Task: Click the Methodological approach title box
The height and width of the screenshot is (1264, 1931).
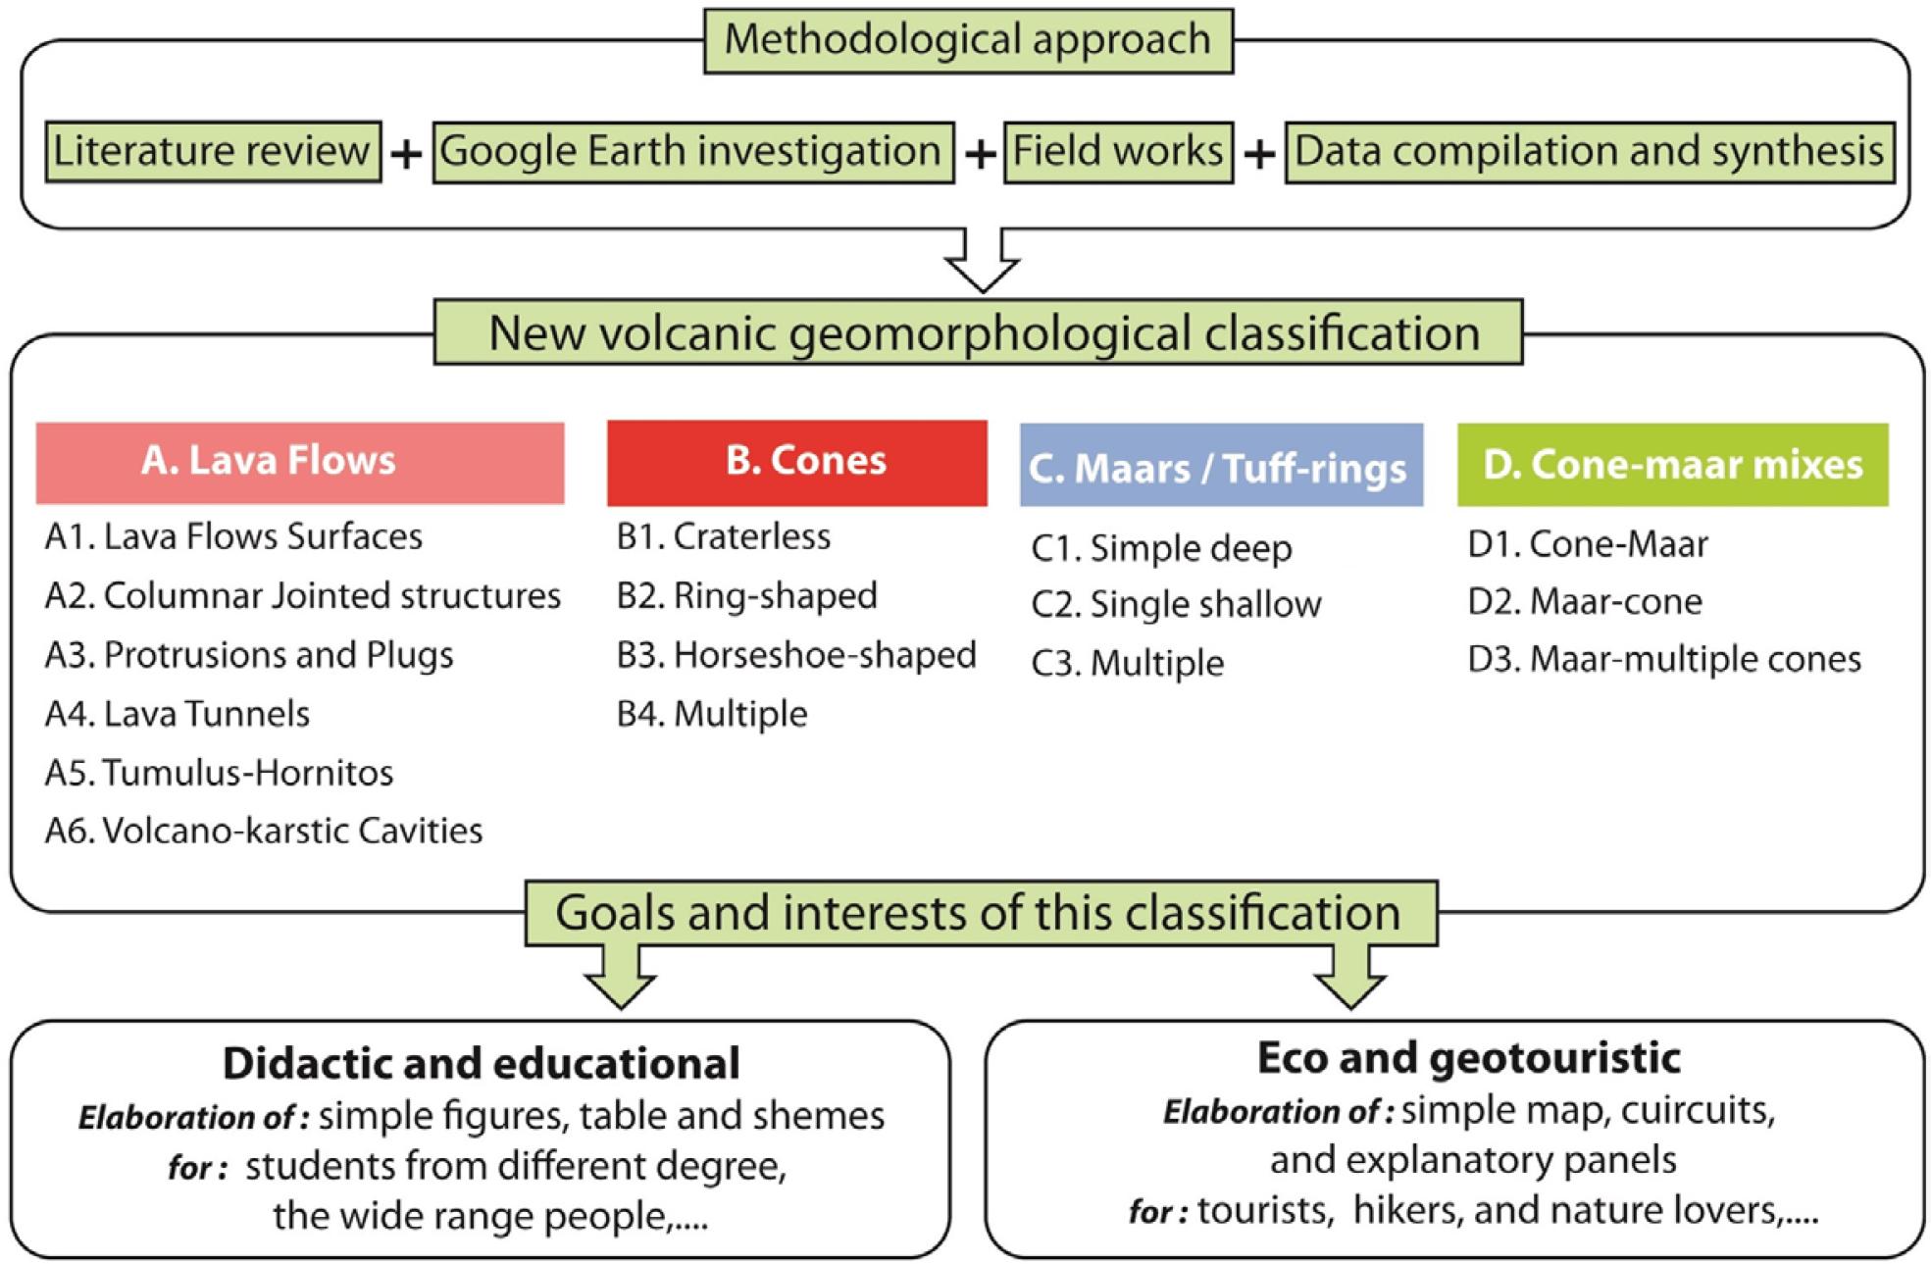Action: pos(968,41)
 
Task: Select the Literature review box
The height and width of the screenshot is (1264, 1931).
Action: pos(213,152)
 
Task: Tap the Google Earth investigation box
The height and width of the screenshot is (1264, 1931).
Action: pos(692,152)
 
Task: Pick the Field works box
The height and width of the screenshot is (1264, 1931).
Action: pos(1118,152)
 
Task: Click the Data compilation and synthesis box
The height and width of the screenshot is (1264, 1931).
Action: pos(1589,152)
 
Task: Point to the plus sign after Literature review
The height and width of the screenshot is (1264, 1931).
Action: pos(406,154)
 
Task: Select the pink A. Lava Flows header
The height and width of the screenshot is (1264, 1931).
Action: pos(300,463)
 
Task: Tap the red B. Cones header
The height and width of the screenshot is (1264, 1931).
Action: pos(796,463)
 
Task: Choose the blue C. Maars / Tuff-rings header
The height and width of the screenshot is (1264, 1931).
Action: pos(1221,466)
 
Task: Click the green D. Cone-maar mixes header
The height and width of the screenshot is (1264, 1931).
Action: pos(1672,465)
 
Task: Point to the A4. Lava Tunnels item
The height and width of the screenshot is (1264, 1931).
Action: pos(178,714)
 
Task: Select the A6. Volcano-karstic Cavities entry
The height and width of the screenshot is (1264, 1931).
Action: pos(264,831)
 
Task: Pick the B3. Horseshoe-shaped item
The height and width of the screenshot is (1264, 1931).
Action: pos(796,655)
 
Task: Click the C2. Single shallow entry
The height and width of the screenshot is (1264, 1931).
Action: pos(1176,604)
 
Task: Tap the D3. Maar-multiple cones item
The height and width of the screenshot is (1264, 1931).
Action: pos(1664,659)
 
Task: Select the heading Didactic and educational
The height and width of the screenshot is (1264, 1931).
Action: pos(481,1064)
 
